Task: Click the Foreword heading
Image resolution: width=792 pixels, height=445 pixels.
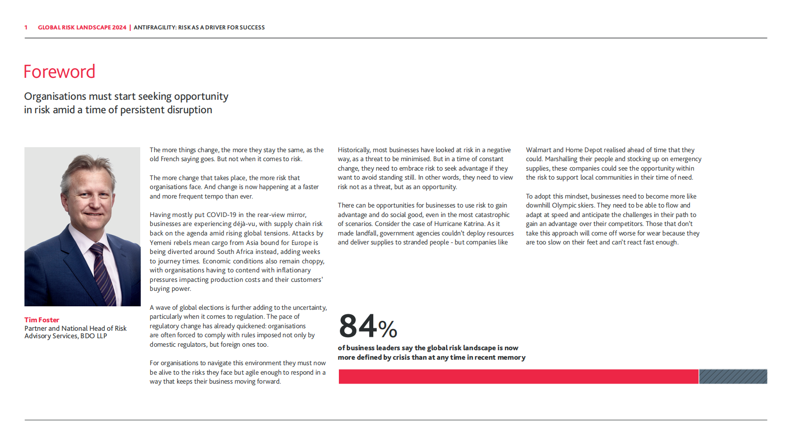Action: [59, 72]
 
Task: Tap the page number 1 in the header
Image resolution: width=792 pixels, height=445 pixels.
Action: [26, 27]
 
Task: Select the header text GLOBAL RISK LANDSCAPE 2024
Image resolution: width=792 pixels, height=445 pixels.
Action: [82, 27]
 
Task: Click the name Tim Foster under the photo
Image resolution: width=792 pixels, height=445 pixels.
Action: [42, 320]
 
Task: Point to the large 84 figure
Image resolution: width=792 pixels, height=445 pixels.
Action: [358, 326]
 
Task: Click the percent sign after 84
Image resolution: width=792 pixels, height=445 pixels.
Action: [388, 329]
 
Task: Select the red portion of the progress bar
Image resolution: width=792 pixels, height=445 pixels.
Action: [518, 377]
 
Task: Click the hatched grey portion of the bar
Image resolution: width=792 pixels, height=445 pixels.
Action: [733, 377]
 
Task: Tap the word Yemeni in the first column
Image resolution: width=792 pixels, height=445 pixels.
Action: [161, 243]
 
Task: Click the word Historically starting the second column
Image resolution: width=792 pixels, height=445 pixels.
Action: [354, 150]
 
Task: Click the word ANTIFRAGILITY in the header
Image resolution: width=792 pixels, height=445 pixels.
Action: [154, 27]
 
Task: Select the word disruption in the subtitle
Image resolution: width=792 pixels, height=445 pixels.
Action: [189, 110]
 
